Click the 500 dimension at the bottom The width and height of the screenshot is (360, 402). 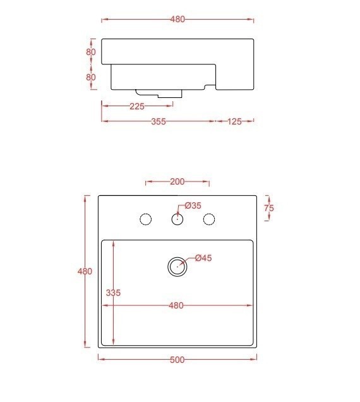tap(177, 360)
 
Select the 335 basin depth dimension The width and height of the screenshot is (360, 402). tap(113, 293)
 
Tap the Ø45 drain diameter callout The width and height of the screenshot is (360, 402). tap(203, 258)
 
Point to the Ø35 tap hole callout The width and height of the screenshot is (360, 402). tap(193, 205)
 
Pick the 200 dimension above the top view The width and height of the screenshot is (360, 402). tap(177, 182)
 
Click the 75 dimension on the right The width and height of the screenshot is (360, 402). tap(269, 208)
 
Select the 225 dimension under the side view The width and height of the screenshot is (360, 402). tap(137, 106)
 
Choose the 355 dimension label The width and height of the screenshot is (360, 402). tap(159, 121)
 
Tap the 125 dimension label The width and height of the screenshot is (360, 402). tap(234, 121)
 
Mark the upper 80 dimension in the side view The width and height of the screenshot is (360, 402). tap(91, 52)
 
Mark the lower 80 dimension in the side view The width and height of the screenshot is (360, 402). tap(91, 77)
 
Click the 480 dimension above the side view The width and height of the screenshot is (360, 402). tap(177, 20)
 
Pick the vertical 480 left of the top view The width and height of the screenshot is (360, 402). tap(85, 272)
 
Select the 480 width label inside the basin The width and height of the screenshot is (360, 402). tap(176, 306)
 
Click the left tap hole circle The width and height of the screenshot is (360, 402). tap(145, 219)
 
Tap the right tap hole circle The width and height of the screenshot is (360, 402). tap(208, 219)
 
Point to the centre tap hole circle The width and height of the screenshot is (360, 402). tap(177, 219)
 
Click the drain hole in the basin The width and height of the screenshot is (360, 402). tap(177, 266)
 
